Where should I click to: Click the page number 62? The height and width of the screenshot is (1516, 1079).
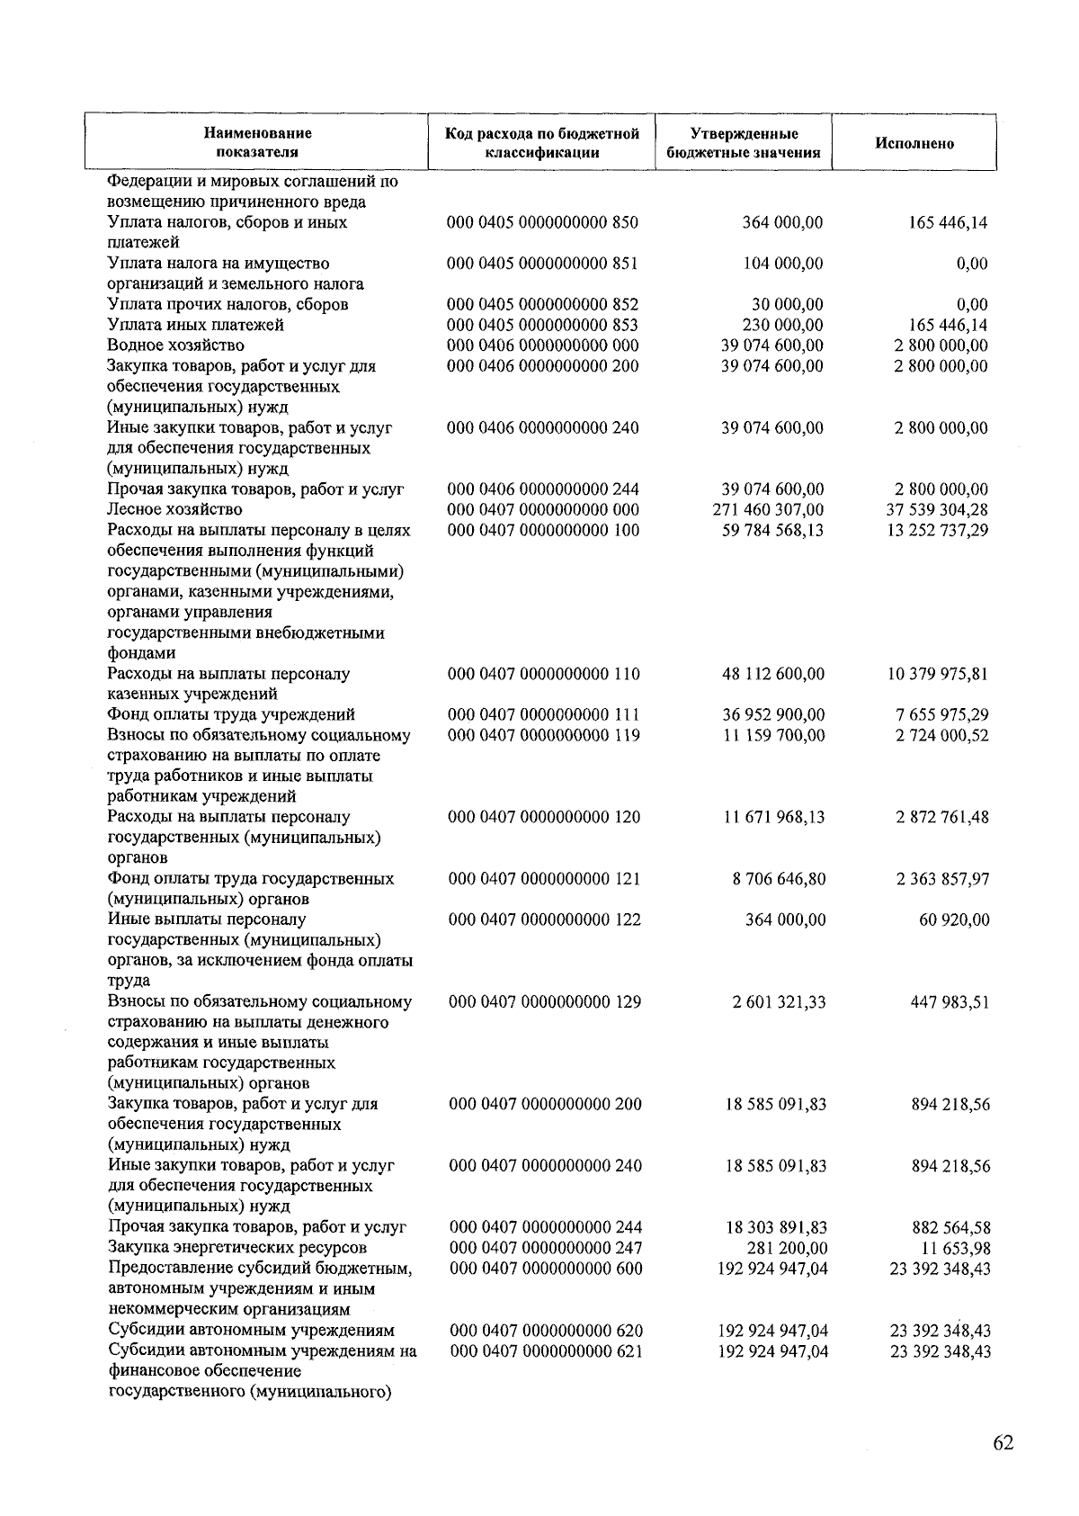click(1003, 1443)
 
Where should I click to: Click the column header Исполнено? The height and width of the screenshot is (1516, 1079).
click(914, 144)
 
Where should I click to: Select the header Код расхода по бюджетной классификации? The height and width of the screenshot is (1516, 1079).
click(542, 143)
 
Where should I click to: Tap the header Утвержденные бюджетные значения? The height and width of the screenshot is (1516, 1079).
click(744, 143)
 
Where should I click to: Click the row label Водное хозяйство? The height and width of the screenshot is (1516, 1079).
click(175, 345)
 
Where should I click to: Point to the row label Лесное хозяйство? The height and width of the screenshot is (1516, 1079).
click(174, 510)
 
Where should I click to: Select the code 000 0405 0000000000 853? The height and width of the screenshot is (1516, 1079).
click(542, 325)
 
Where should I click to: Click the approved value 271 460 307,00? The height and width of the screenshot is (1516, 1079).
click(767, 510)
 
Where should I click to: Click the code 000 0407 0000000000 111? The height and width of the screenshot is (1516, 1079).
click(543, 715)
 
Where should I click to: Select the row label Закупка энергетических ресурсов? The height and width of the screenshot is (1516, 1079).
click(237, 1248)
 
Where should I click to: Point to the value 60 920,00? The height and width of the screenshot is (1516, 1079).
click(954, 919)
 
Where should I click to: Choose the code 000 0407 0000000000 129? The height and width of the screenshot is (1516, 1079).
click(545, 1001)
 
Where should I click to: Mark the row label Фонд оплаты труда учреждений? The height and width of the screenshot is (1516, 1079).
click(231, 715)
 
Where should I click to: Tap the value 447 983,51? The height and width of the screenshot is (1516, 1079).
click(950, 1001)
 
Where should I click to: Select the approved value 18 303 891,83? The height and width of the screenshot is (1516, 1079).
click(776, 1227)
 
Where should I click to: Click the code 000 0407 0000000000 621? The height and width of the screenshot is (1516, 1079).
click(546, 1350)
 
